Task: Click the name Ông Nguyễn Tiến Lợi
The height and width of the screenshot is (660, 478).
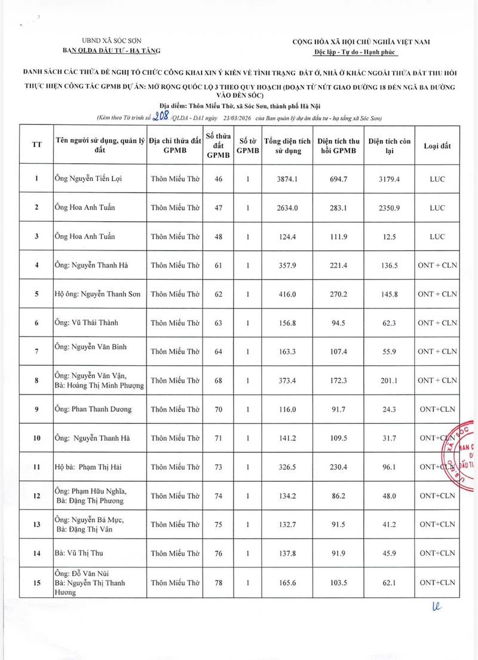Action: [88, 179]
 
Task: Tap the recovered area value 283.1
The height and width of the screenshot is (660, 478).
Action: [338, 207]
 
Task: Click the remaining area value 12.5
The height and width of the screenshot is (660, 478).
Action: [390, 236]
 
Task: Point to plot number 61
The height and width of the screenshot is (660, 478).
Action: [218, 265]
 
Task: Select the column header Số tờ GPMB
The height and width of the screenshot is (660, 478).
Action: [247, 146]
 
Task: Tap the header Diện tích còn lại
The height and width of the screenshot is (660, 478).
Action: [390, 146]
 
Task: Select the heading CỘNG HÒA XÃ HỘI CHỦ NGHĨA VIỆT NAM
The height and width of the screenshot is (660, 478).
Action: [361, 42]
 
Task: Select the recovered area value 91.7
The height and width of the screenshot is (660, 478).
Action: [338, 410]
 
